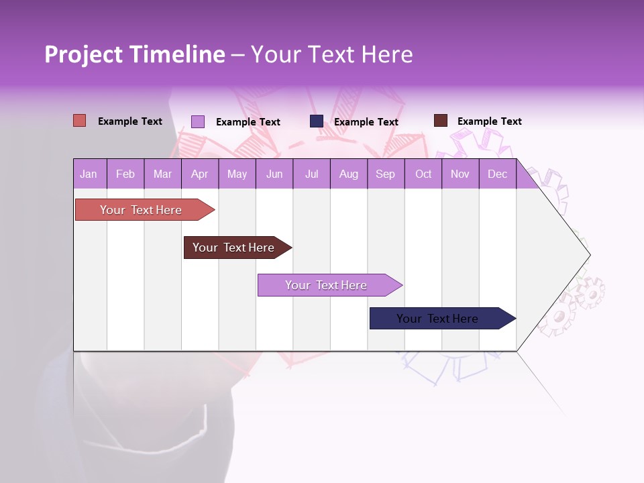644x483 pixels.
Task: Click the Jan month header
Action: (x=89, y=174)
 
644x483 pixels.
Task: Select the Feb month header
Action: (x=125, y=174)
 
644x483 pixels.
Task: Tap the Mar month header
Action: (x=162, y=174)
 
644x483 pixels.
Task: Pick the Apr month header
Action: (x=199, y=174)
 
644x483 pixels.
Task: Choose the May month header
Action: (x=237, y=174)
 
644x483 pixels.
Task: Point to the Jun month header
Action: (x=274, y=174)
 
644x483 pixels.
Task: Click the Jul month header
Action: (x=311, y=174)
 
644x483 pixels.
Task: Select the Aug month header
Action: (x=348, y=174)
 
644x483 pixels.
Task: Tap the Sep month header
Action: (x=385, y=174)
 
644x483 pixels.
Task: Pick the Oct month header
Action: (x=423, y=174)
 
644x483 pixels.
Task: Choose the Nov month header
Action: (x=460, y=174)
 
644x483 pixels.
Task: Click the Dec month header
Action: (x=497, y=174)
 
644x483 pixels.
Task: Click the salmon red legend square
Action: (x=80, y=121)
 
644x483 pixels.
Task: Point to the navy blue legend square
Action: (x=317, y=121)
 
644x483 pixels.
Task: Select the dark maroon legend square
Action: (x=441, y=121)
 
